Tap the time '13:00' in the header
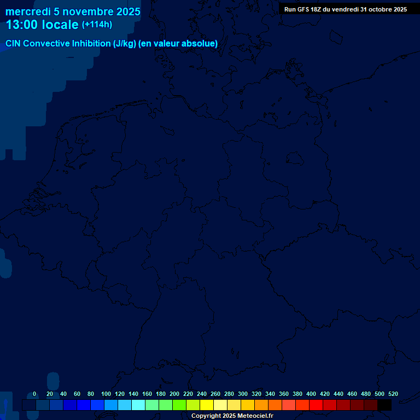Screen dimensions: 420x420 coord(22,25)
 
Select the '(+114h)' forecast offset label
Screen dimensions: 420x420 coord(97,25)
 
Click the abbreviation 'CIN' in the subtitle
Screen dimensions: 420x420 coord(14,44)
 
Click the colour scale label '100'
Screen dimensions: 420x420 coord(106,394)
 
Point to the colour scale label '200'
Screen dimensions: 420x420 coord(174,394)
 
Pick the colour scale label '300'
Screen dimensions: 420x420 coord(243,394)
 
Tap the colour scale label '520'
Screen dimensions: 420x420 coord(393,394)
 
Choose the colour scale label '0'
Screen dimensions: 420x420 coord(34,394)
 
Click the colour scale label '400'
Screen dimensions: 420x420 coord(311,394)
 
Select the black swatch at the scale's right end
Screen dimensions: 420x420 coord(384,405)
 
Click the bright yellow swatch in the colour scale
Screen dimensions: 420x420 coord(207,405)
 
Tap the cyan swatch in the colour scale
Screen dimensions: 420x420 coord(138,405)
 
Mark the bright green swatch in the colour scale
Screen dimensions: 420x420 coord(179,405)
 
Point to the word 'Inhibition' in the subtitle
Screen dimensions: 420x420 coord(91,44)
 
